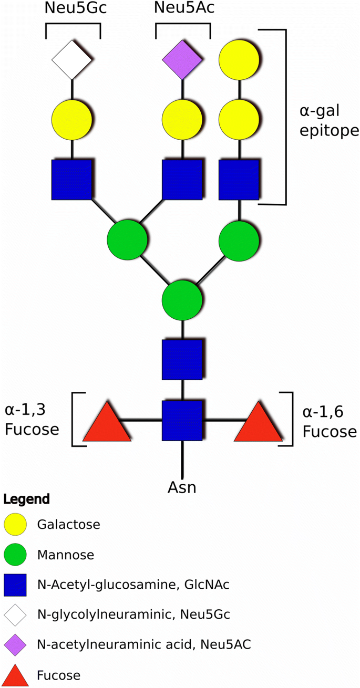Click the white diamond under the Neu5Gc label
pyautogui.click(x=71, y=60)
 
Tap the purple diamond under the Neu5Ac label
pyautogui.click(x=182, y=60)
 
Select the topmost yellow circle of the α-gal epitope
pyautogui.click(x=239, y=60)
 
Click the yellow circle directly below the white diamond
pyautogui.click(x=71, y=120)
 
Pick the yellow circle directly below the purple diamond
pyautogui.click(x=182, y=120)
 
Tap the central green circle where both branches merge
pyautogui.click(x=182, y=301)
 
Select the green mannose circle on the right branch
pyautogui.click(x=239, y=241)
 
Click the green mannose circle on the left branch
pyautogui.click(x=127, y=241)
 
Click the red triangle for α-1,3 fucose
pyautogui.click(x=107, y=423)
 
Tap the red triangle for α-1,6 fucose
pyautogui.click(x=258, y=423)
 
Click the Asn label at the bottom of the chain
pyautogui.click(x=182, y=487)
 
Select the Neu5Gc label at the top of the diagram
pyautogui.click(x=73, y=9)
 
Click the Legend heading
pyautogui.click(x=26, y=498)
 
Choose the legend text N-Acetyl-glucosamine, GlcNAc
pyautogui.click(x=133, y=585)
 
